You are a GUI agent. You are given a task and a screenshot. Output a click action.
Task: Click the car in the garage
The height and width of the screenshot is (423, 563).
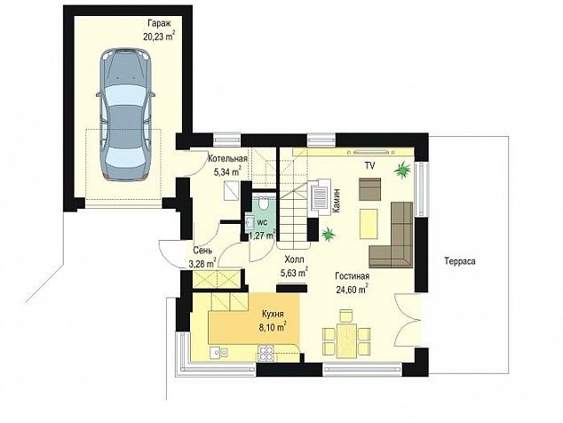(126, 114)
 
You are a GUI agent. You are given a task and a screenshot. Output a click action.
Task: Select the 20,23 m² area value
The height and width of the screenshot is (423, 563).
(159, 37)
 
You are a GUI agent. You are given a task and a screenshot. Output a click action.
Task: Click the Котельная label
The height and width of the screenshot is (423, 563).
(227, 159)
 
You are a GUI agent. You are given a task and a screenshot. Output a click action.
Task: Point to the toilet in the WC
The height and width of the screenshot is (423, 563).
(263, 204)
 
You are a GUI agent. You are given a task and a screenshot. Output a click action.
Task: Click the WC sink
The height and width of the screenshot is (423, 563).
(249, 223)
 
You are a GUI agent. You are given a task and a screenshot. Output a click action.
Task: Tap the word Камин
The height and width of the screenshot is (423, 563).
(337, 202)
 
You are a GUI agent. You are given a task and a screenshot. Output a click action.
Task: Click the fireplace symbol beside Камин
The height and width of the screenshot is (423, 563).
(320, 197)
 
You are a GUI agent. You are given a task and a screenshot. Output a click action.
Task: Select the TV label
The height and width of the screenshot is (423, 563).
(369, 165)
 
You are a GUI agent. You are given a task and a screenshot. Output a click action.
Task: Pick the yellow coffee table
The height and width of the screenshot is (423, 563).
(369, 224)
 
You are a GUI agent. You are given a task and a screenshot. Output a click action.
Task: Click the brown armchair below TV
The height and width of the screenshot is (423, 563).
(369, 189)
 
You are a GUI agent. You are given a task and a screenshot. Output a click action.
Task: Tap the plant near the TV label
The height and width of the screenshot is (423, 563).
(402, 169)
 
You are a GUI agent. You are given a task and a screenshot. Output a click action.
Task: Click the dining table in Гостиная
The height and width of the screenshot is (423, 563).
(346, 341)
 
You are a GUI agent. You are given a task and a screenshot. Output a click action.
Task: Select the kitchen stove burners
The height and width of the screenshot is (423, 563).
(266, 353)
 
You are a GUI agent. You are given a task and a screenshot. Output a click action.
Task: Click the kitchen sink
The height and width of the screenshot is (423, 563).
(218, 353)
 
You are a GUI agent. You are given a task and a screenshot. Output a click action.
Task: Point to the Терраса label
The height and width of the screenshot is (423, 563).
(460, 261)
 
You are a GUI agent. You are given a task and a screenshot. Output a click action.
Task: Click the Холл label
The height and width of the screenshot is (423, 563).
(294, 259)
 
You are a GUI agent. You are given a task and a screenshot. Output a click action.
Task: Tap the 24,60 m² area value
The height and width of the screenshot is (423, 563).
(352, 289)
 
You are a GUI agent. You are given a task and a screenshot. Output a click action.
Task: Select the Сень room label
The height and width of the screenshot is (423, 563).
(202, 251)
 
